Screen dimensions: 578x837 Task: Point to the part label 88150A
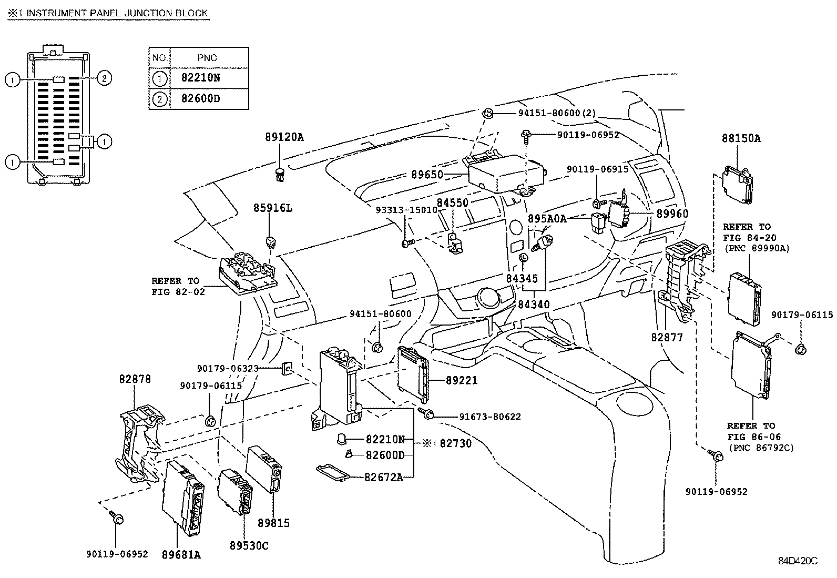coord(741,138)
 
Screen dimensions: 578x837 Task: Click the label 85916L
coord(272,208)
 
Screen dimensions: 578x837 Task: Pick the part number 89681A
coord(181,554)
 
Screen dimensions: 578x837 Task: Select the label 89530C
coord(249,546)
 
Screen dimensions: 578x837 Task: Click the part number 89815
coord(273,523)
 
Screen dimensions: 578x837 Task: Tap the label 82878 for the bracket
coord(135,379)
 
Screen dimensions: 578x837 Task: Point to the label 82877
coord(667,337)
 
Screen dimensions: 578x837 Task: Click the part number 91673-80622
coord(490,417)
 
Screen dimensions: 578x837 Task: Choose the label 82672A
coord(384,477)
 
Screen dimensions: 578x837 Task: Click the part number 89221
coord(461,380)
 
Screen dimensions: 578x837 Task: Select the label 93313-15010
coord(406,209)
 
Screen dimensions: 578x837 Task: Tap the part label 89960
coord(672,214)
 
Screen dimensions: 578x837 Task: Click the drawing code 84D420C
coord(798,561)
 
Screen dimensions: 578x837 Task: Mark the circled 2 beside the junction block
coord(104,79)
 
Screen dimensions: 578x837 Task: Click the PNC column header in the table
coord(207,58)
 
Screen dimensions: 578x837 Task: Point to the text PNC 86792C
coord(761,448)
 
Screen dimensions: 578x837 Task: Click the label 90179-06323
coord(228,369)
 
